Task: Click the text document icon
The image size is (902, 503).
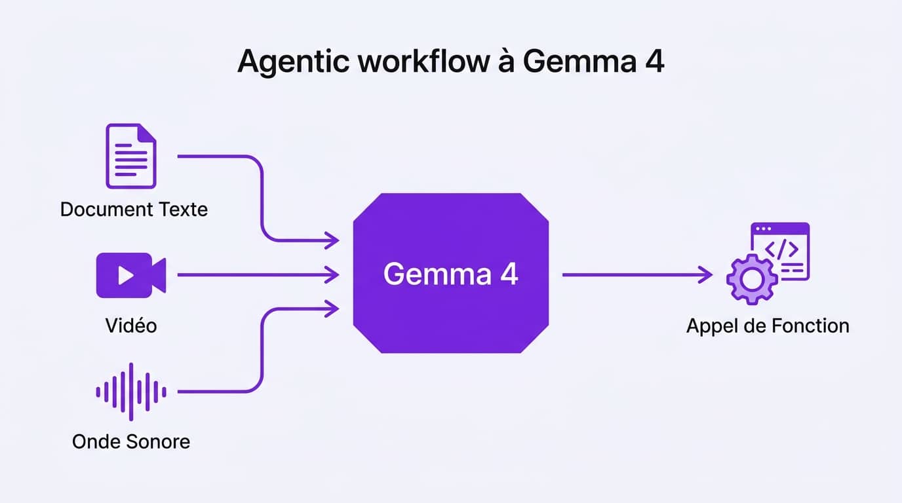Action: (x=131, y=156)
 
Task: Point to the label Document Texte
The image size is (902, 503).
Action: (x=134, y=210)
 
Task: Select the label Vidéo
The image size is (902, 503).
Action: (x=131, y=326)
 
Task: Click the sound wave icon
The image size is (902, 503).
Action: (x=131, y=392)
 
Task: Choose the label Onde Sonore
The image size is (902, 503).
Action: (x=131, y=441)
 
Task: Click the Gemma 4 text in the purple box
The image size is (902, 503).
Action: (x=450, y=274)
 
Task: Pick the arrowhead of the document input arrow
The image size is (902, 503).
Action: (x=333, y=240)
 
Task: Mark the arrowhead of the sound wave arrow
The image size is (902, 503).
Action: (x=333, y=308)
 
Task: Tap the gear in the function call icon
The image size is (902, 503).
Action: (x=751, y=280)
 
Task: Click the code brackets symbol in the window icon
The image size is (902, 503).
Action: (x=782, y=250)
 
